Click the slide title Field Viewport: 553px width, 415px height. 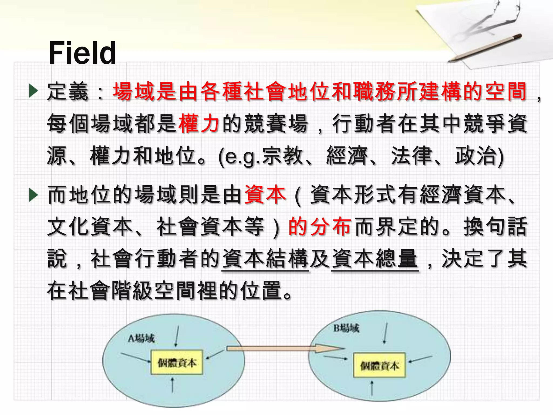click(82, 53)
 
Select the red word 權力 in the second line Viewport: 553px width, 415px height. click(198, 124)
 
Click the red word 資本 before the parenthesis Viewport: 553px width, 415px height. click(265, 195)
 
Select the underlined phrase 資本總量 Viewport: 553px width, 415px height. click(375, 259)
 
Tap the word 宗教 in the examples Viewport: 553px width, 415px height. click(282, 156)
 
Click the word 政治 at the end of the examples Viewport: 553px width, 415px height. click(476, 156)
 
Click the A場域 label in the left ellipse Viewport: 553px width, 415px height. click(141, 338)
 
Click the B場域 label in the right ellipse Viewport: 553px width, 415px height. click(346, 328)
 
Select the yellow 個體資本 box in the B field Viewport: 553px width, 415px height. click(379, 365)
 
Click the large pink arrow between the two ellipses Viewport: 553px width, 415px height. click(284, 349)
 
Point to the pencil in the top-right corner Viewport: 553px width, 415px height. click(485, 48)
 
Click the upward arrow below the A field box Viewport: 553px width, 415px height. click(172, 385)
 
